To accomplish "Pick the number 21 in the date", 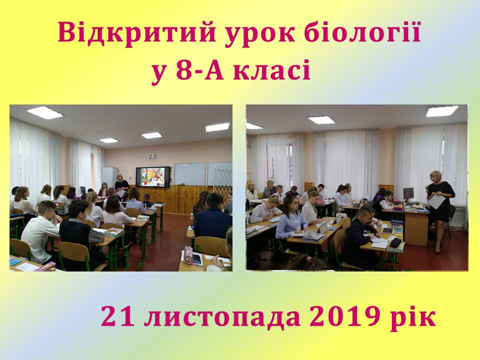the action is pos(118,317).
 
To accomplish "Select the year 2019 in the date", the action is pos(344,317).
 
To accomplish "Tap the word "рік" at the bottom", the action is pos(413,318).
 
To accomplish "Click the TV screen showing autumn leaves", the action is pos(153,177).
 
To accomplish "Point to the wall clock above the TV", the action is pos(152,156).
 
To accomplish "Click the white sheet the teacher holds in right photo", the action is pos(436,201).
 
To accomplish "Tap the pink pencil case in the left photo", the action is pos(188,257).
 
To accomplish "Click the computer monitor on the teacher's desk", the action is pos(408,194).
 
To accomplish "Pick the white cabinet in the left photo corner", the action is pos(109,177).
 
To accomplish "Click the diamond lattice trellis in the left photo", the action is pos(222,180).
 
